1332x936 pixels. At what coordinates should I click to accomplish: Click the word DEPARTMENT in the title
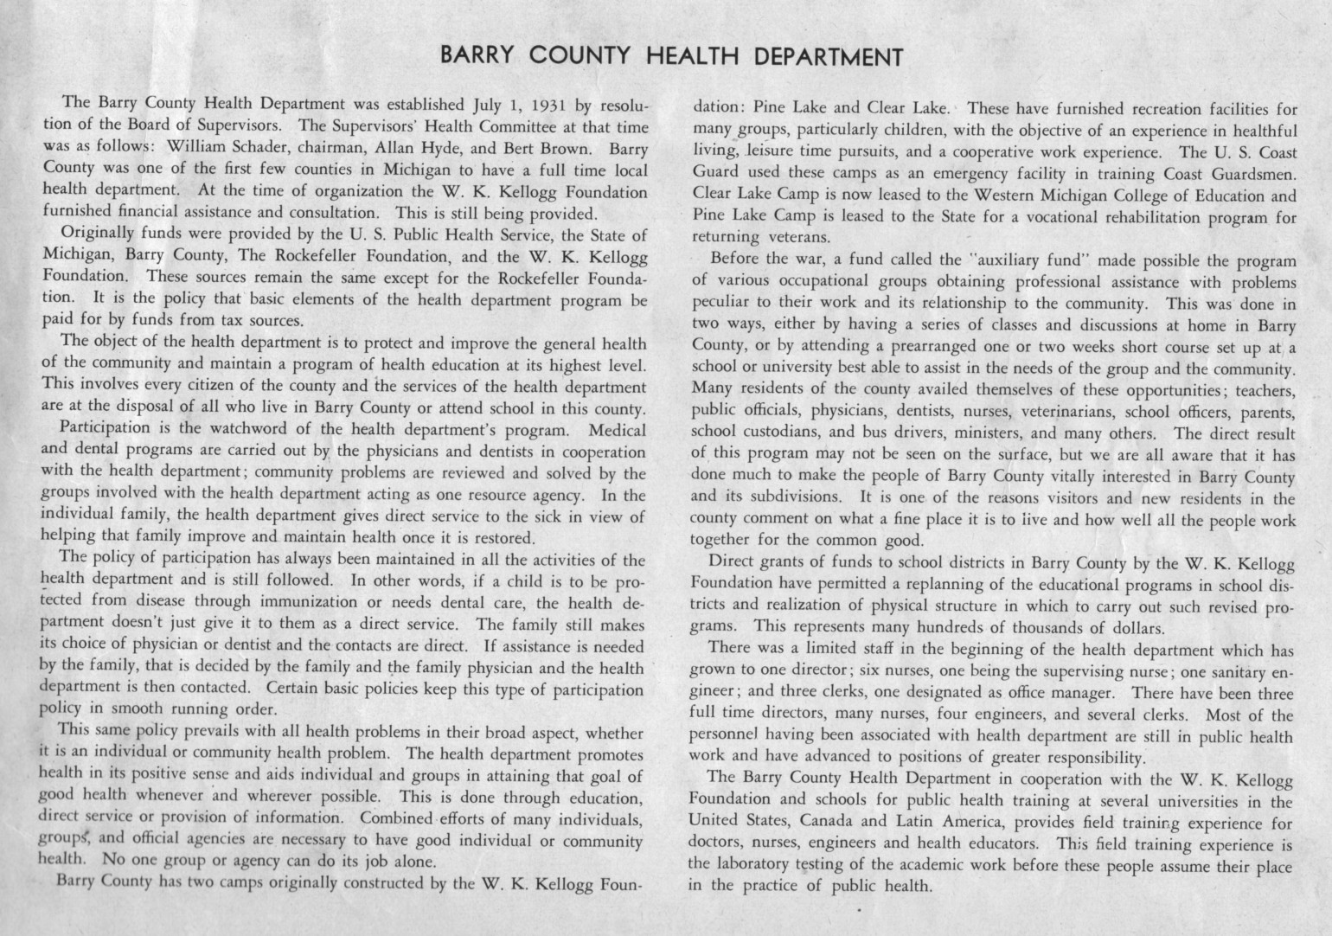tap(829, 57)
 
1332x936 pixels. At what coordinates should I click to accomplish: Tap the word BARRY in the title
tap(478, 57)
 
